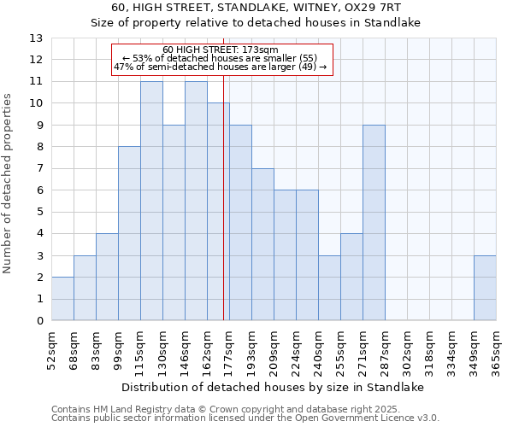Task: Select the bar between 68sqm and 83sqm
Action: pos(85,288)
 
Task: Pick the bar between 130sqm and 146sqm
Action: pos(174,223)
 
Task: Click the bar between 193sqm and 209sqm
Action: pos(262,244)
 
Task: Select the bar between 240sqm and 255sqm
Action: pos(329,288)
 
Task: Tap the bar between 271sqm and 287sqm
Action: pos(374,223)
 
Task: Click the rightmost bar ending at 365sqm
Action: pos(485,288)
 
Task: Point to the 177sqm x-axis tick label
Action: pos(228,351)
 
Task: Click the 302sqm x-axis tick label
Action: pos(406,351)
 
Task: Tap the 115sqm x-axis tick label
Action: pos(139,351)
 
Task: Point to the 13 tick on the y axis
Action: pos(36,38)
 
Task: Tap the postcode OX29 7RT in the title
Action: pos(378,8)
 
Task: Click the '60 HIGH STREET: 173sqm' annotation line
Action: pos(220,50)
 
